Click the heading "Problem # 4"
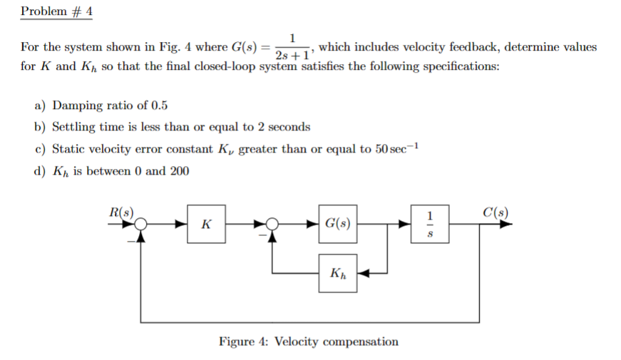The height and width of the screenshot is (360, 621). coord(57,12)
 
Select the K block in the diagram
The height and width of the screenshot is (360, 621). coord(206,225)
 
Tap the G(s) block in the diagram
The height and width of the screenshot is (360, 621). coord(337,225)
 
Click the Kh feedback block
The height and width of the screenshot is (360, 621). coord(337,273)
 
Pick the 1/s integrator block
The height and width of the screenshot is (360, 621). coord(429,225)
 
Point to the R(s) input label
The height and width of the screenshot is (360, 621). coord(122,212)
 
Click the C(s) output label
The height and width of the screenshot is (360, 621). coord(495,212)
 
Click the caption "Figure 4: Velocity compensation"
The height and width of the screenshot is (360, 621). coord(308,341)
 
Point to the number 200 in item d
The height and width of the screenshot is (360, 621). coord(178,171)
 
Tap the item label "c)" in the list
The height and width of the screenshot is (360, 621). coord(41,149)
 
